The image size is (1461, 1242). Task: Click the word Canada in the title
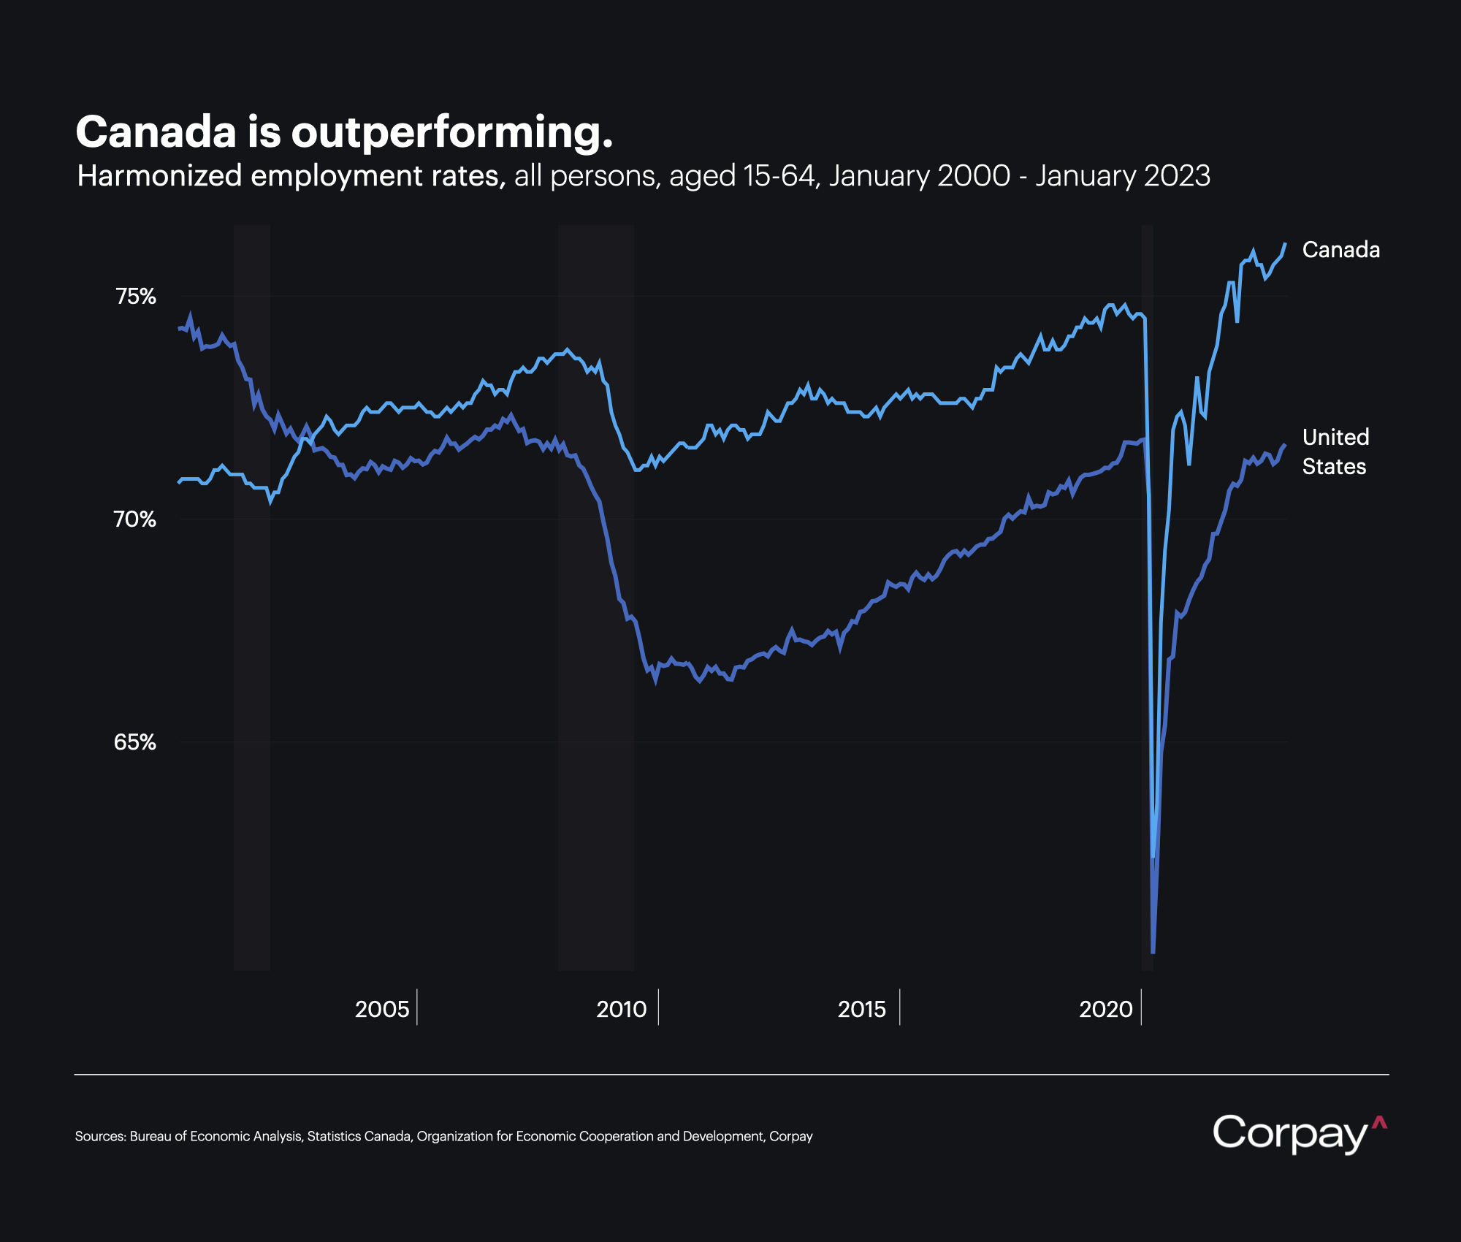click(x=156, y=132)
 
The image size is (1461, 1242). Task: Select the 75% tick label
click(x=136, y=297)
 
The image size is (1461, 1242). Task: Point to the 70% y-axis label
click(x=135, y=519)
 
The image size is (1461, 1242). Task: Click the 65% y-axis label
click(x=135, y=742)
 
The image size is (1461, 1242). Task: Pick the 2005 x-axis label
click(x=381, y=1009)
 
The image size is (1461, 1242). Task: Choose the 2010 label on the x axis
click(x=622, y=1009)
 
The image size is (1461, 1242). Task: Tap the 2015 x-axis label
click(x=862, y=1009)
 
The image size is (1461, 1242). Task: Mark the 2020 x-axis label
click(x=1105, y=1009)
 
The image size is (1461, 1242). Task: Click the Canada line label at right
click(x=1341, y=250)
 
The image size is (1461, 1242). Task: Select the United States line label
click(x=1335, y=452)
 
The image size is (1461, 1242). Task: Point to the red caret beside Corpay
click(x=1379, y=1123)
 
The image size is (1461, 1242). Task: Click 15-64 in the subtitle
click(x=779, y=176)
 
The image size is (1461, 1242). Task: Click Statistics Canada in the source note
click(x=359, y=1136)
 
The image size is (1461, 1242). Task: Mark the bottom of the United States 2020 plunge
click(x=1153, y=952)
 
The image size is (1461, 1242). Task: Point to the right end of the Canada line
click(x=1285, y=243)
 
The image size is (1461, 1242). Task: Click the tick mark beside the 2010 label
click(x=658, y=1007)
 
